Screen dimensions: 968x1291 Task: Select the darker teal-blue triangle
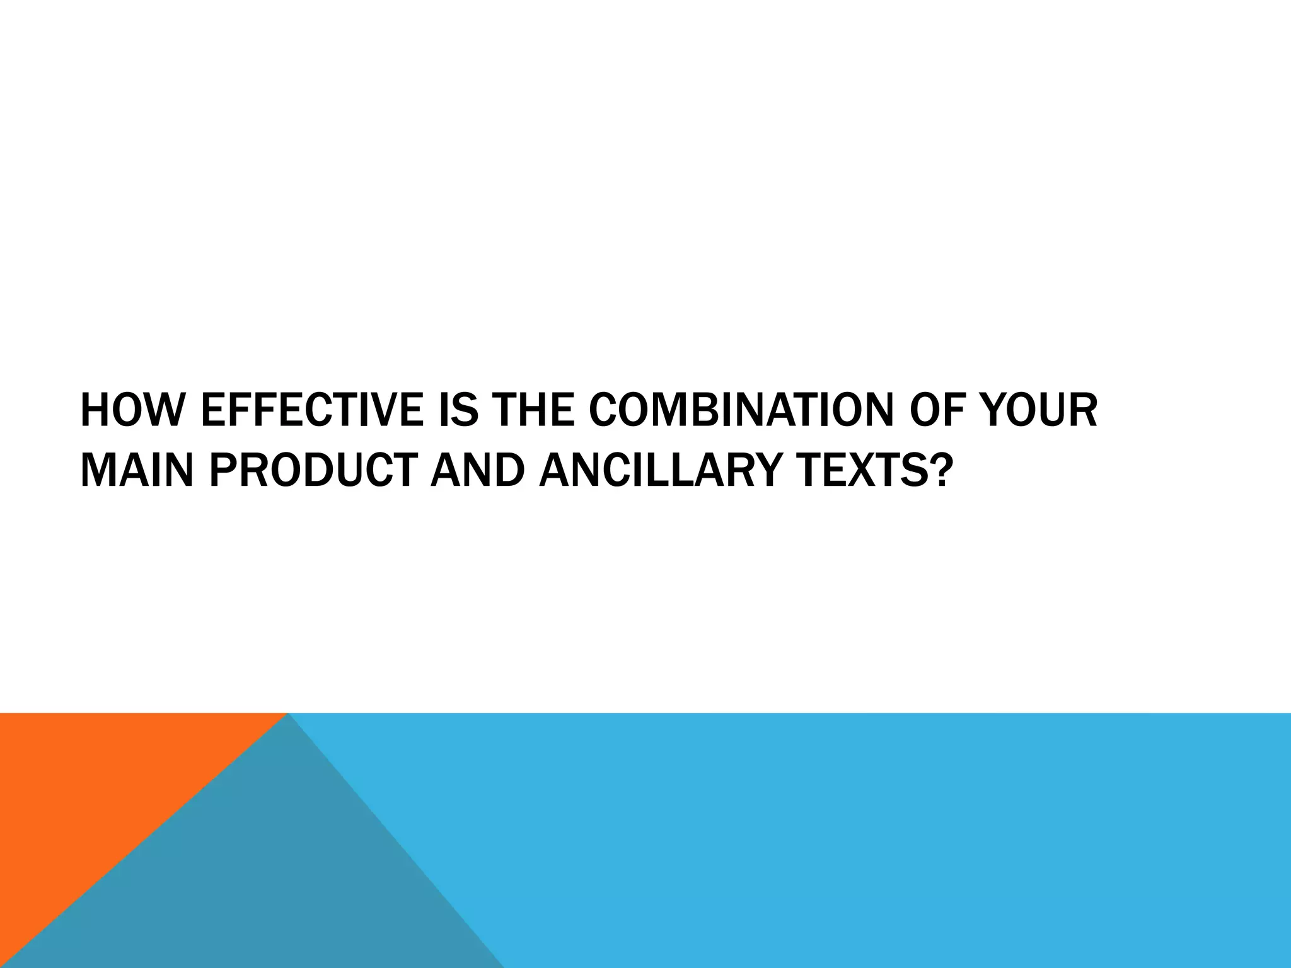265,882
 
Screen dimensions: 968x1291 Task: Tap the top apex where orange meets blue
287,715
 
